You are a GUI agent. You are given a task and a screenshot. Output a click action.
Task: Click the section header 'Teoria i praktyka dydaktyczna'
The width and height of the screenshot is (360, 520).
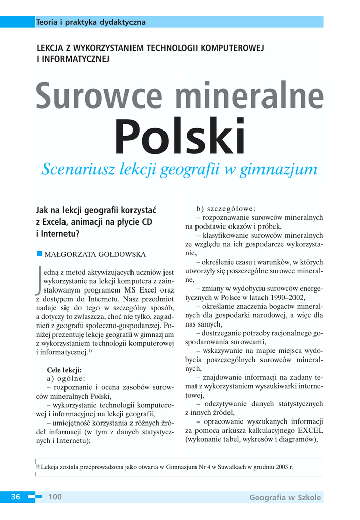[x=91, y=22]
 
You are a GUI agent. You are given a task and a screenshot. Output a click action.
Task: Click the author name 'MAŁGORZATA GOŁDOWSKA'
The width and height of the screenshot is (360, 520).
[x=95, y=254]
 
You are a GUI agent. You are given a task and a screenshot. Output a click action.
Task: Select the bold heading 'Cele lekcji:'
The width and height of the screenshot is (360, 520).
[x=64, y=370]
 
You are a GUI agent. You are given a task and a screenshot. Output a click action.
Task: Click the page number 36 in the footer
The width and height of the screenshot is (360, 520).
[x=16, y=497]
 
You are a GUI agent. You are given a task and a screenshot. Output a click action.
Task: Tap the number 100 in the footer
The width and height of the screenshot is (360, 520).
[x=55, y=497]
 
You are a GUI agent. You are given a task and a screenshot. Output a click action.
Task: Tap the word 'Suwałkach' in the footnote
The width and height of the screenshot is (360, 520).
[x=230, y=467]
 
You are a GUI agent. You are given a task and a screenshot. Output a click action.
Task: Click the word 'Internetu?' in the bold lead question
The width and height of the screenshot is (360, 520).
[x=58, y=234]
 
